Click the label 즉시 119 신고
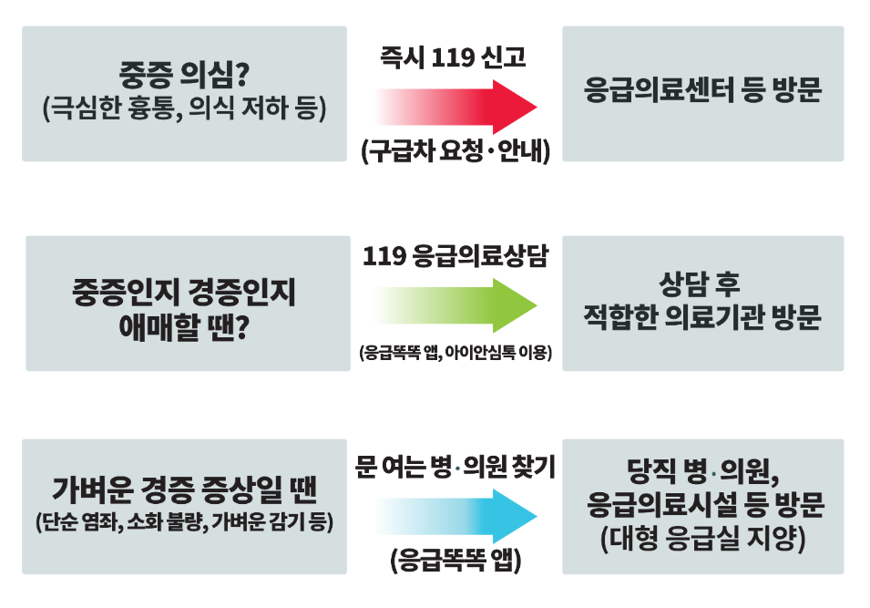[454, 58]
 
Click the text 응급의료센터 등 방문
[702, 92]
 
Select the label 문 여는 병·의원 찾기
[455, 468]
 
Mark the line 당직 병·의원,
[701, 472]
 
